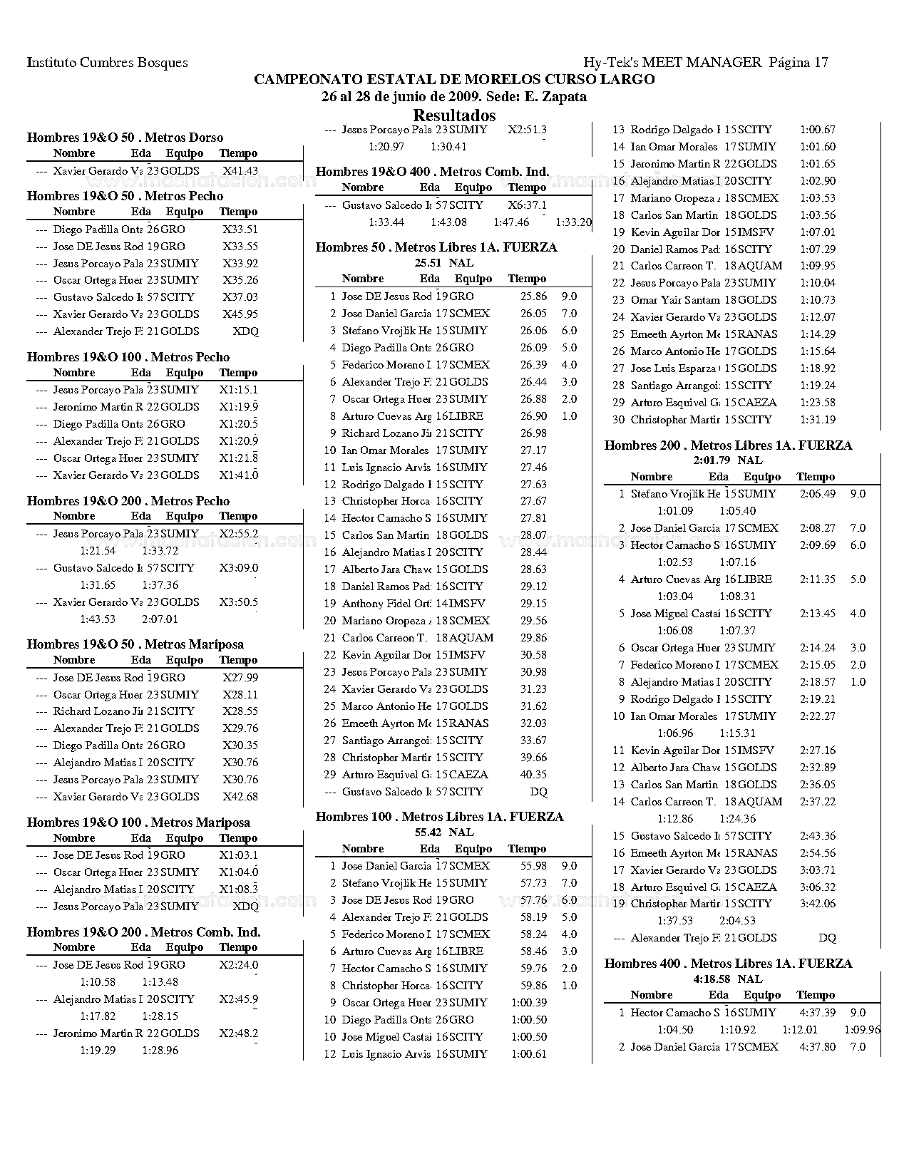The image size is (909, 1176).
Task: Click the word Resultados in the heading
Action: tap(454, 115)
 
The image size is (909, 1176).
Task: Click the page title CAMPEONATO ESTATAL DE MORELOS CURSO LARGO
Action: tap(454, 79)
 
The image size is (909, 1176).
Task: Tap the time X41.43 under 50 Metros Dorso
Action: tap(240, 171)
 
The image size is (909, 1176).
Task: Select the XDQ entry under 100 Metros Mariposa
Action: tap(246, 907)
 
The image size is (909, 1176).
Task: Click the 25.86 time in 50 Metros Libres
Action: tap(533, 296)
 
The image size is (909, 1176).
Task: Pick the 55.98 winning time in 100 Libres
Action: tap(533, 866)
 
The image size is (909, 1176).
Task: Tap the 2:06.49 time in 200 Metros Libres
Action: tap(818, 494)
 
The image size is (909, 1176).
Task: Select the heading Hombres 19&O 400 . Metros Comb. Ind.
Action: tap(432, 172)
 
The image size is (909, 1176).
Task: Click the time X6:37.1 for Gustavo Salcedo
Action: tap(528, 205)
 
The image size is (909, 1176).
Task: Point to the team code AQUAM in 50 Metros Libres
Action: tap(471, 638)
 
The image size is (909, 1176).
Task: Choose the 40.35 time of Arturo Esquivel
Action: tap(533, 775)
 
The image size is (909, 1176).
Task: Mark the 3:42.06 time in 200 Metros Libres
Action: tap(818, 904)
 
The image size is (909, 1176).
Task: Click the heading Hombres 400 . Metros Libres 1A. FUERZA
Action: tap(728, 964)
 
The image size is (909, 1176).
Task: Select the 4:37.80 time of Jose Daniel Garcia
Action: tap(818, 1047)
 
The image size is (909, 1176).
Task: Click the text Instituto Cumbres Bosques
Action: tap(108, 63)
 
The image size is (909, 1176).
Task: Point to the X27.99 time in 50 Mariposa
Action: tap(240, 678)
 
